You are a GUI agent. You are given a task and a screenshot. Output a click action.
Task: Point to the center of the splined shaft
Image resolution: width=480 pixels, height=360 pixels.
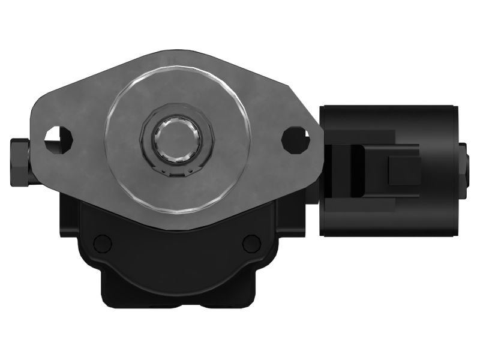[x=176, y=141]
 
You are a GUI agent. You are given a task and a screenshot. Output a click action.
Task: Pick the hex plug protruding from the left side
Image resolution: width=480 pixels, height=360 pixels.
[x=19, y=162]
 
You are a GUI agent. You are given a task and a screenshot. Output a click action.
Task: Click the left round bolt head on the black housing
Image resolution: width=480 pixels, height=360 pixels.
[x=103, y=243]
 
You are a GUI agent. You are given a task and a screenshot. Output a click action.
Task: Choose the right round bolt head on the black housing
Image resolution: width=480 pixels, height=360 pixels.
[x=251, y=243]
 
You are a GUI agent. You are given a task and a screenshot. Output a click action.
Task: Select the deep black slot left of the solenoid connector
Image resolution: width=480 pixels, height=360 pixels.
[x=357, y=170]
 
